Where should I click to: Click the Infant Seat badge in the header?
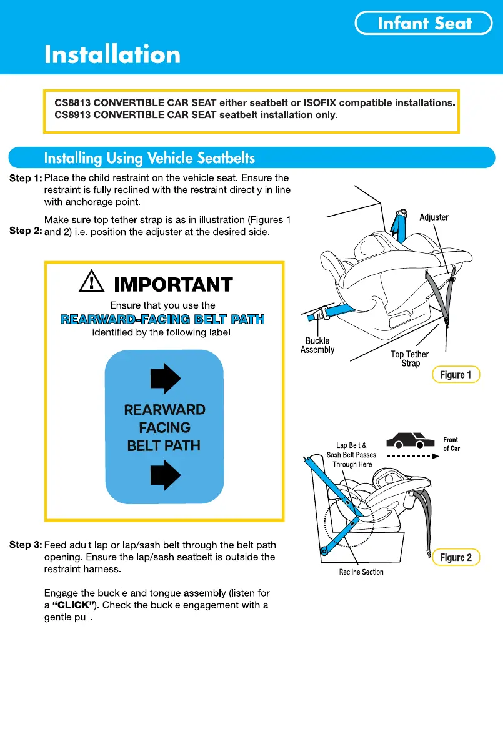coord(424,24)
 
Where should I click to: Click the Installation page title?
coord(112,55)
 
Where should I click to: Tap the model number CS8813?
coord(72,102)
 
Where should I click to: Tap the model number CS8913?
coord(72,115)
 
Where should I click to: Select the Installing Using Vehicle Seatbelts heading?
coord(149,157)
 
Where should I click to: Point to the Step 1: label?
coord(26,179)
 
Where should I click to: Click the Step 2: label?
coord(26,231)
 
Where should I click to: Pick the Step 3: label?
coord(26,545)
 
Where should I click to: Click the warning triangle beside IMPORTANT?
coord(92,284)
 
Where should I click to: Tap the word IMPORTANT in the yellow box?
coord(174,285)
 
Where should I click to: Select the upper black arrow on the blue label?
coord(166,379)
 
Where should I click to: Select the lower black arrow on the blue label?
coord(166,477)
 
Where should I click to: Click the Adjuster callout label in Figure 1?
coord(434,217)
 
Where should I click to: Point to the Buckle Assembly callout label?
coord(317,345)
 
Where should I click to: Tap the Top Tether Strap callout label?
coord(410,359)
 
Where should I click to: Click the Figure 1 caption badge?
coord(456,375)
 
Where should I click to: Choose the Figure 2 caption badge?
coord(456,557)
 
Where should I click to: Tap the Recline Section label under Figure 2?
coord(361,572)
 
